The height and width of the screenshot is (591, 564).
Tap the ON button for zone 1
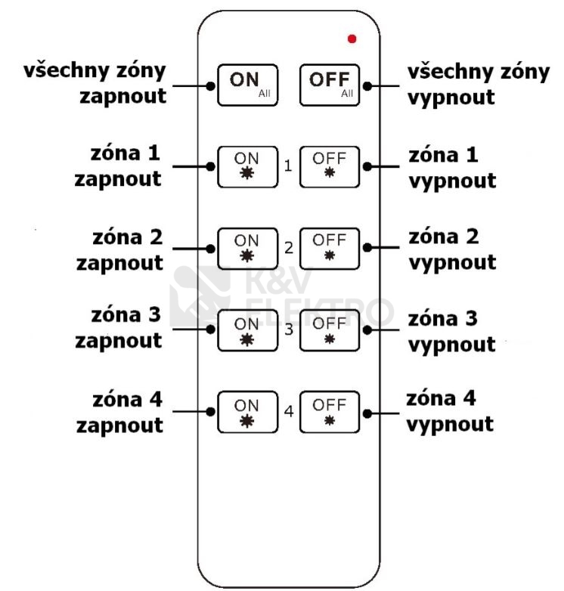click(x=247, y=166)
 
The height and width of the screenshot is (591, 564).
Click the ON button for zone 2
click(x=247, y=247)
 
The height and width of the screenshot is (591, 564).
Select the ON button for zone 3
click(x=247, y=330)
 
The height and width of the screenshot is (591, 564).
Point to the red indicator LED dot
click(x=352, y=39)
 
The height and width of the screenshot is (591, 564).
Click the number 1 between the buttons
click(x=288, y=165)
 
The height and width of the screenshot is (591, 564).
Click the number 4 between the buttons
click(x=288, y=413)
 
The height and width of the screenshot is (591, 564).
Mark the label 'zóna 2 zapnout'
click(x=119, y=249)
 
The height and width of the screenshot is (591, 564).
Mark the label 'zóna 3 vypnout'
click(x=452, y=331)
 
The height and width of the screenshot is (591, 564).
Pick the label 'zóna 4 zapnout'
click(x=119, y=413)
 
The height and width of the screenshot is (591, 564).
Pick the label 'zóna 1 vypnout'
click(x=452, y=168)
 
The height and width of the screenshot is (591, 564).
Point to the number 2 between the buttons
click(x=288, y=247)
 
